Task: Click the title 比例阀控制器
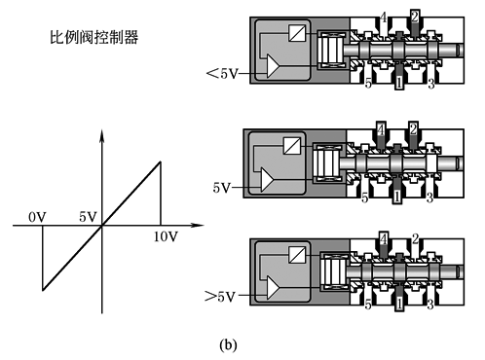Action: pos(94,37)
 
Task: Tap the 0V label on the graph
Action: pos(37,217)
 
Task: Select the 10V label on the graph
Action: pos(166,236)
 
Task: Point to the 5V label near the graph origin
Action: pos(88,217)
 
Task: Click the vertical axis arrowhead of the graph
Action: pos(102,135)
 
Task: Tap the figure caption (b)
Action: pos(228,344)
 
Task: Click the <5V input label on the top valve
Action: pos(222,73)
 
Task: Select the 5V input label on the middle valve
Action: pos(222,188)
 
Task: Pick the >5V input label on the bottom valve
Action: pos(219,297)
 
